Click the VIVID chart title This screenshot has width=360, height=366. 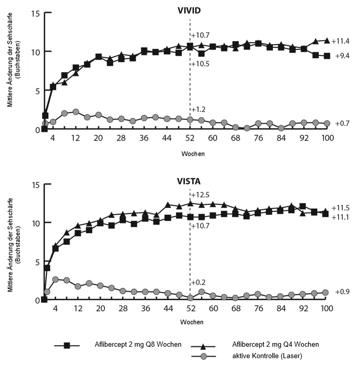[189, 10]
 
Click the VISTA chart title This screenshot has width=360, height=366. [189, 181]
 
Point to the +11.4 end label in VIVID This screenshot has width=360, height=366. [340, 41]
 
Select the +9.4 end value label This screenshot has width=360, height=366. [342, 56]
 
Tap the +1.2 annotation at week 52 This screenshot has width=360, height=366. [198, 109]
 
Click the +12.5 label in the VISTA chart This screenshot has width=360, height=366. [200, 195]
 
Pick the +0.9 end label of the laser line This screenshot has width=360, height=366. [342, 292]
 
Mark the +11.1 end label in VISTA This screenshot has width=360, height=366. [340, 217]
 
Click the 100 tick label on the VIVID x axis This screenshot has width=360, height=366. [327, 138]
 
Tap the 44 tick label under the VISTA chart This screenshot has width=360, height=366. [168, 309]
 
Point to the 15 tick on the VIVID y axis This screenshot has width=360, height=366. [35, 14]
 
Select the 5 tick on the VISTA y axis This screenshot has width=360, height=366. [38, 262]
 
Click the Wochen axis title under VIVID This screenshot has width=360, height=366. [193, 154]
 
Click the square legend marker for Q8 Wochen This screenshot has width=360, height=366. [67, 346]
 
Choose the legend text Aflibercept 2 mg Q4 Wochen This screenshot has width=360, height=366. [276, 344]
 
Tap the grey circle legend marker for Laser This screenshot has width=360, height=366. [204, 356]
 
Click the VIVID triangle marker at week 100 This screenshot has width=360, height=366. [327, 41]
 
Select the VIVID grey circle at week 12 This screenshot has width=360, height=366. [76, 112]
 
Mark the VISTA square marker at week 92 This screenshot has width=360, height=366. [303, 206]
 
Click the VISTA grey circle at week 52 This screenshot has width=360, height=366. [190, 298]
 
